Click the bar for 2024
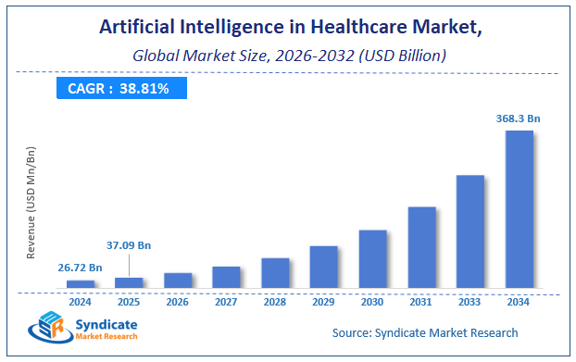click(81, 284)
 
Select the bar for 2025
click(129, 282)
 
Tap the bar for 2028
click(275, 272)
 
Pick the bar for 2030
click(372, 258)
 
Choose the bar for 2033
click(470, 231)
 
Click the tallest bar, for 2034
click(519, 209)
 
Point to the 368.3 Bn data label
click(519, 118)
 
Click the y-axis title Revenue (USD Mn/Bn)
click(31, 201)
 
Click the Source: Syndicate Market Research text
click(424, 332)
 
